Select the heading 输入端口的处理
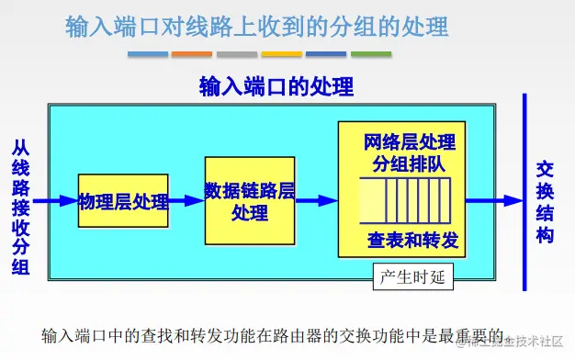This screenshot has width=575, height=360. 276,87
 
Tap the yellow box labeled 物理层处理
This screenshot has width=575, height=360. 124,200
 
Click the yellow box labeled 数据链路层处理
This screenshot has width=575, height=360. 250,200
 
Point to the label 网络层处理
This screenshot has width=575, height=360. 410,142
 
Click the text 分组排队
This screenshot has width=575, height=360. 410,164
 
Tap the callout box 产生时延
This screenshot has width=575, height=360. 412,276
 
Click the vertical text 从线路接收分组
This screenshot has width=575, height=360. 20,207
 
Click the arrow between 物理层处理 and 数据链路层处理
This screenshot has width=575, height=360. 187,200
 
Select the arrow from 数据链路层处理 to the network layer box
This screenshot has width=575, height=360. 317,200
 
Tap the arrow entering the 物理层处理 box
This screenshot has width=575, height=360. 55,199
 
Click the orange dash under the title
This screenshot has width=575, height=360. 192,53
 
